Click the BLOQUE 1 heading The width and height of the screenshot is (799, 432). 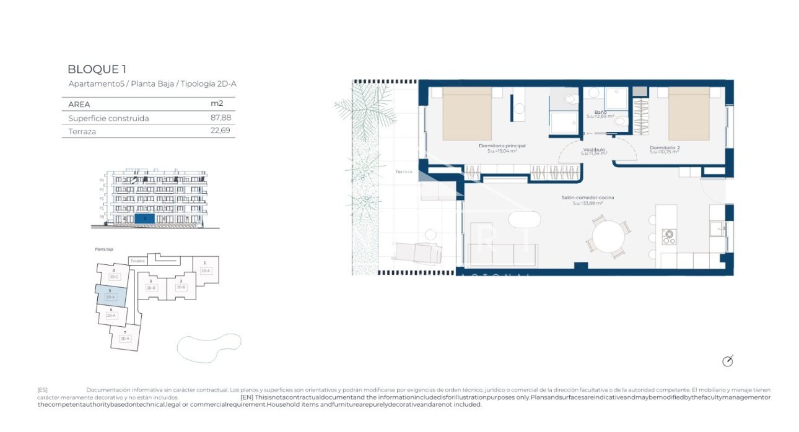pos(97,69)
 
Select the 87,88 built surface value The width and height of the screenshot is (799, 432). pos(220,118)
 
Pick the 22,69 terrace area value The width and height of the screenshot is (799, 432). pos(220,131)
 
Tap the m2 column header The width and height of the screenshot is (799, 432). pos(217,104)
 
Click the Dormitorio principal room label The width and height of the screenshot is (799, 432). pos(502,146)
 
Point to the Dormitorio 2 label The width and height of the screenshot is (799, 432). pos(665,148)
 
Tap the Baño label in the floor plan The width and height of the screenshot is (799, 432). pos(600,113)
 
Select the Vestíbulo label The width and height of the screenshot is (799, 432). pos(594,150)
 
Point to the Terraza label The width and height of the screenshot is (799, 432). pos(403,171)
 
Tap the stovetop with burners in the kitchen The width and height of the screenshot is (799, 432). pos(668,237)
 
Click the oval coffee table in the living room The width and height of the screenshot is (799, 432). pos(525,219)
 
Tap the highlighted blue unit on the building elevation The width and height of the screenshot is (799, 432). pos(144,218)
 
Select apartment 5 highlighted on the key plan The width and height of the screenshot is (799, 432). pos(110,295)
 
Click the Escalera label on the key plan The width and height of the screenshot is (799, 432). pos(138,261)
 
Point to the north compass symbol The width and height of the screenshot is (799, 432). pos(728,361)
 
